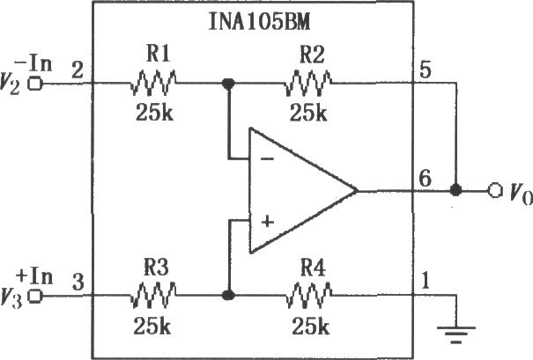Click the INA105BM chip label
tap(259, 22)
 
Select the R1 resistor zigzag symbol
tap(153, 83)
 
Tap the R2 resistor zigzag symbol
tap(308, 83)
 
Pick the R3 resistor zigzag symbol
tap(153, 295)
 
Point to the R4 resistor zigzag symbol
tap(309, 295)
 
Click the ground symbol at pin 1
tap(456, 334)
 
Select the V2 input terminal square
tap(35, 84)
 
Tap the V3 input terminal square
tap(35, 296)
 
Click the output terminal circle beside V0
tap(495, 190)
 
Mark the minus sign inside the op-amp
tap(267, 158)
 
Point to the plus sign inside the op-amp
tap(268, 222)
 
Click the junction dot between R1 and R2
tap(228, 83)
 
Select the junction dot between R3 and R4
tap(228, 295)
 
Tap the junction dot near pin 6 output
tap(455, 190)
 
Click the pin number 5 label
tap(426, 70)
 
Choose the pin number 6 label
tap(426, 179)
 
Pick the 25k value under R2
tap(308, 112)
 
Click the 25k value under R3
tap(152, 326)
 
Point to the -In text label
tap(33, 64)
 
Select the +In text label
tap(34, 277)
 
